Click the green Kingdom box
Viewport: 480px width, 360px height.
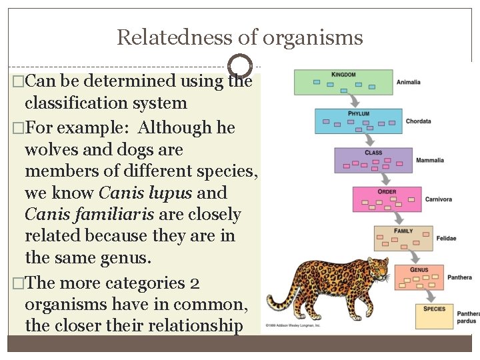coord(343,82)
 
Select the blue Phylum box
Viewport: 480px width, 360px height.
coord(359,121)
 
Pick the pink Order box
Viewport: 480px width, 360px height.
coord(387,199)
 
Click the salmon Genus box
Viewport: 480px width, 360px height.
coord(419,277)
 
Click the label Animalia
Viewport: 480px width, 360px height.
coord(409,82)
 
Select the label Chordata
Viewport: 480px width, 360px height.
coord(419,121)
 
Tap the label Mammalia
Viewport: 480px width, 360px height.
coord(430,160)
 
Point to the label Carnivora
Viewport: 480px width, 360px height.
coord(439,199)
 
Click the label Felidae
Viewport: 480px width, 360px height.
coord(446,238)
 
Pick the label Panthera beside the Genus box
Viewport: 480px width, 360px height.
coord(459,277)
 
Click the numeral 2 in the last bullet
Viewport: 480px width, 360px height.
coord(195,283)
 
